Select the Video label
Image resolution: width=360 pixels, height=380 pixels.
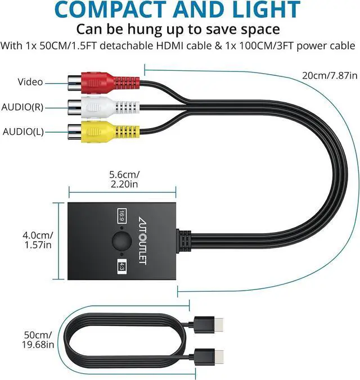30,83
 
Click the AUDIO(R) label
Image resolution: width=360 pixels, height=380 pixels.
23,107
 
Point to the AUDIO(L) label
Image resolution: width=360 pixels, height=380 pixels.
22,132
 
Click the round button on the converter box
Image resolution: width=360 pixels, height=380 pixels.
120,241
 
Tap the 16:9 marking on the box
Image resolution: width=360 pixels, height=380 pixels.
121,215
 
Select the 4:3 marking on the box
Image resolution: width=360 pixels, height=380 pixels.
121,266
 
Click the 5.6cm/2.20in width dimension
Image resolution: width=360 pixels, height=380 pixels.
123,178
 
